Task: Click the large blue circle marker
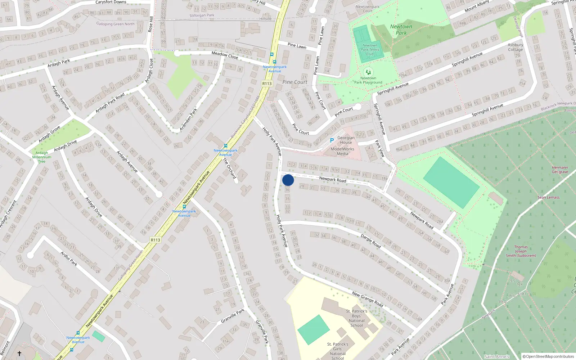click(288, 180)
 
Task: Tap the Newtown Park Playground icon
click(368, 72)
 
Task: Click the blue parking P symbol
click(332, 140)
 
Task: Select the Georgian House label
click(346, 140)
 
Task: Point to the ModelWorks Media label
click(342, 151)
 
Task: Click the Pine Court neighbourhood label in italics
click(295, 82)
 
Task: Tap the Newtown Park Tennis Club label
click(370, 50)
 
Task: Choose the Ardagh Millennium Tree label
click(42, 157)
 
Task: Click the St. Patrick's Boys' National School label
click(356, 318)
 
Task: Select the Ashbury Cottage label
click(515, 47)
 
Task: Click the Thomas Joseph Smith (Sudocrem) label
click(521, 251)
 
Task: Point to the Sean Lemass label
click(548, 197)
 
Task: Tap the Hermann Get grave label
click(560, 170)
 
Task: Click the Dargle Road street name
click(370, 241)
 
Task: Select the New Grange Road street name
click(368, 299)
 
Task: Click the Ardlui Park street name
click(69, 258)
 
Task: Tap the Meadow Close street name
click(225, 55)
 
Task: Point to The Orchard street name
click(229, 168)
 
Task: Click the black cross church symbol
click(19, 354)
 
